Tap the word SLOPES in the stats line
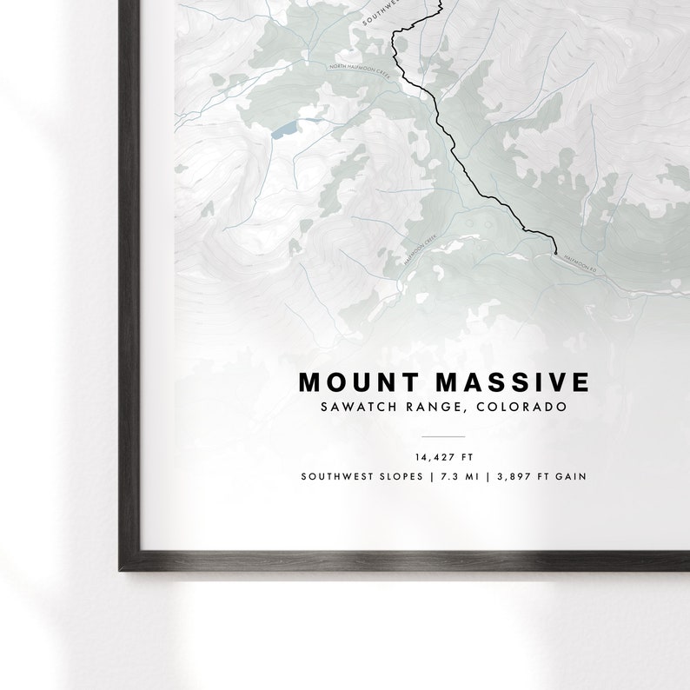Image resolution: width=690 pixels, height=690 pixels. (399, 476)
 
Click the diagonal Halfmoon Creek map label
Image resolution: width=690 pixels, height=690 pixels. (423, 249)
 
